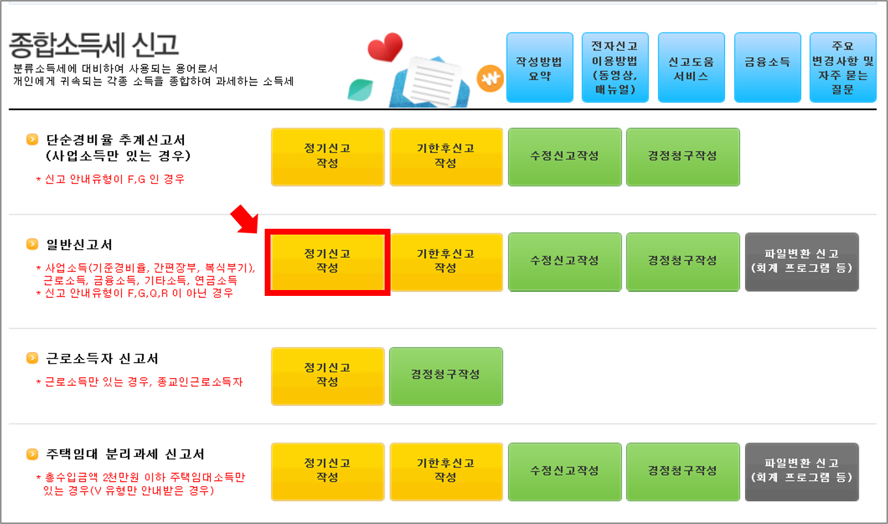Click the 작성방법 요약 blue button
coord(539,68)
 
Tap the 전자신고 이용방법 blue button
coord(615,68)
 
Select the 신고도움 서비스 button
coord(691,68)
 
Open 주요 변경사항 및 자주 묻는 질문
coord(842,68)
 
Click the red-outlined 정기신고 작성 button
coord(327,261)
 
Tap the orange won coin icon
coord(490,80)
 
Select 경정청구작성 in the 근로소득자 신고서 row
coord(446,374)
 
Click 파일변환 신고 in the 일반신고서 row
coord(801,261)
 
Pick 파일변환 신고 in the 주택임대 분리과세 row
coord(801,470)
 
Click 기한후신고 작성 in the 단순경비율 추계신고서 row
coord(446,156)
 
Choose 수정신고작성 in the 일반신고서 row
coord(565,261)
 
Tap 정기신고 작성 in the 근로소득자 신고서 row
coord(327,374)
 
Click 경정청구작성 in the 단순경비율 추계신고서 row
coord(683,156)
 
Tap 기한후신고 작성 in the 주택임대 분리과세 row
coord(446,470)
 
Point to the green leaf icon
coord(360,89)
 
